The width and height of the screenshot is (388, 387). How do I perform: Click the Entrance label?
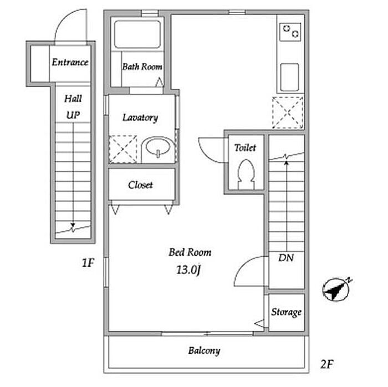click(70, 62)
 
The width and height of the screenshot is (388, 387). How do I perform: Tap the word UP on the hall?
click(73, 115)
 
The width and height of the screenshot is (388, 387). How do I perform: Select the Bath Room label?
click(142, 67)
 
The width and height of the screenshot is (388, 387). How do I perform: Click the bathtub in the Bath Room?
click(137, 34)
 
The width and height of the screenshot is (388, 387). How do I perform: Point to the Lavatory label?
click(140, 118)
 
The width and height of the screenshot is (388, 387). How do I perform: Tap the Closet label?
click(140, 185)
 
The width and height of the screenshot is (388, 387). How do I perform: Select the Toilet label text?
click(245, 147)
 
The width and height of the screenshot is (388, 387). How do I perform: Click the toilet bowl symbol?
click(244, 173)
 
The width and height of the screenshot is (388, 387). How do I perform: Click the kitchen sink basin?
click(289, 77)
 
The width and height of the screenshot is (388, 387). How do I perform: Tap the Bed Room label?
click(190, 252)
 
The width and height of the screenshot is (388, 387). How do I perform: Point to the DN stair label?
click(286, 258)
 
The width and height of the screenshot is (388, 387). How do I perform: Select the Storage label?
click(287, 312)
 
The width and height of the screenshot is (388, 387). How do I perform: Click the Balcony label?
click(204, 350)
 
